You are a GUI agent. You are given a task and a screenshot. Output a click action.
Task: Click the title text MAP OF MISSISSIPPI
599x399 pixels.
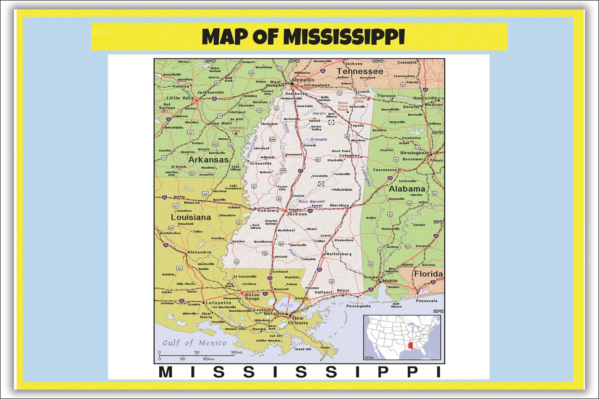[x=303, y=37]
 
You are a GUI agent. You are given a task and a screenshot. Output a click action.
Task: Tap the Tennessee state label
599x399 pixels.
[x=360, y=71]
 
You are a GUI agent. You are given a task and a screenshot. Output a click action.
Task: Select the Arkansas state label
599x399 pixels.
[x=208, y=160]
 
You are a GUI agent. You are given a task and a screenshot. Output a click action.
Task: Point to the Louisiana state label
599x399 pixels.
[x=191, y=217]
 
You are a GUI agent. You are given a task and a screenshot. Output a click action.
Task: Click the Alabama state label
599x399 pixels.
[x=407, y=189]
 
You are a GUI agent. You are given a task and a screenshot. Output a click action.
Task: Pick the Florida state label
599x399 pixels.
[x=429, y=274]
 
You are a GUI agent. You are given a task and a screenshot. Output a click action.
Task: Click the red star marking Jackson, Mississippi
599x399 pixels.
[x=285, y=211]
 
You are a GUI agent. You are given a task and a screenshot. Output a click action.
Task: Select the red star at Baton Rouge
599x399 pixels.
[x=242, y=293]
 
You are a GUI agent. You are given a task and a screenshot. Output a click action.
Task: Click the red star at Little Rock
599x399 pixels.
[x=197, y=101]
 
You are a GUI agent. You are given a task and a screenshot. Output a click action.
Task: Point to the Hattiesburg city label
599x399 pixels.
[x=339, y=254]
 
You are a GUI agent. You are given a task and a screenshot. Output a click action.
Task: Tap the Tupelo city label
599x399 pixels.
[x=357, y=126]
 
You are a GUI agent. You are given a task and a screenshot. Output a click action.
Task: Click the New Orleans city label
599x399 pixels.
[x=298, y=321]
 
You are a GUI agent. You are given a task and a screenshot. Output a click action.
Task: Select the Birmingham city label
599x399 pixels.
[x=414, y=153]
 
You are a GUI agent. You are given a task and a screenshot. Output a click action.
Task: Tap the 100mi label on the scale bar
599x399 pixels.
[x=237, y=352]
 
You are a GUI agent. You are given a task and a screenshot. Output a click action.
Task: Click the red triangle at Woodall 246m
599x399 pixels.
[x=368, y=99]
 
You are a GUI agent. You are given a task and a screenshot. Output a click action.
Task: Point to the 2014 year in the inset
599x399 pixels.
[x=369, y=358]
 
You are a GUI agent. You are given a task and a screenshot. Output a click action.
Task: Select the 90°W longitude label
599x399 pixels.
[x=294, y=61]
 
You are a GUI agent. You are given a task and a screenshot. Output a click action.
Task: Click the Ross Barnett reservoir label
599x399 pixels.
[x=311, y=201]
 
